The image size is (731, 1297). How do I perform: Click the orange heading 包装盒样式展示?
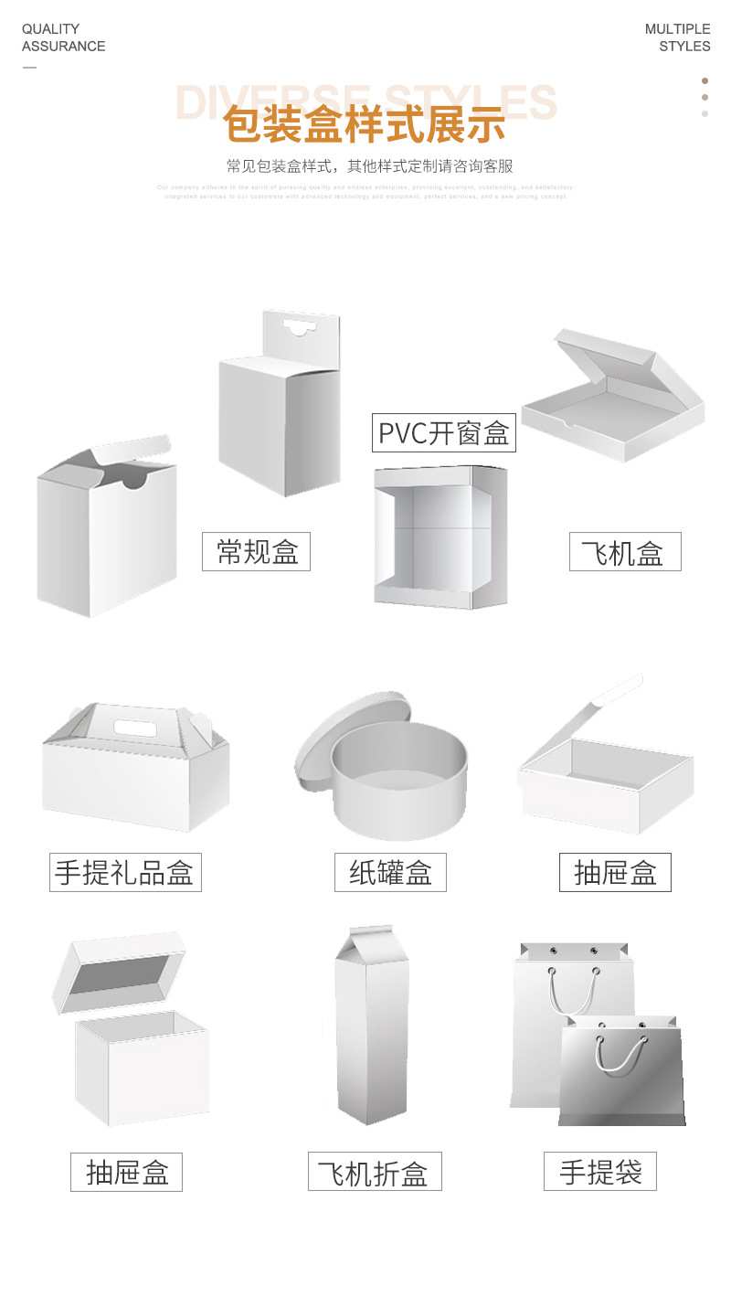364,125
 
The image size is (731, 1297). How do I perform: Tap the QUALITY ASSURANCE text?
63,37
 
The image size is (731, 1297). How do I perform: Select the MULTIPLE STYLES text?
677,37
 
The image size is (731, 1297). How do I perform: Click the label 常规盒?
256,552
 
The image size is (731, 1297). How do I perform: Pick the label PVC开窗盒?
444,432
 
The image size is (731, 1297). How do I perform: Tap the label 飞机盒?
625,552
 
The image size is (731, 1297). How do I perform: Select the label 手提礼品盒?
125,872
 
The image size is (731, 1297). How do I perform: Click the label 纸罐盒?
390,872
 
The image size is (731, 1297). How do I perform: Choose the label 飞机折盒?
375,1172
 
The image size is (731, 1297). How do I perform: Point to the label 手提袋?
600,1171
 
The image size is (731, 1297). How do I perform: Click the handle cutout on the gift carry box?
135,728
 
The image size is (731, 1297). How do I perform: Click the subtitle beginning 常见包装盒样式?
370,166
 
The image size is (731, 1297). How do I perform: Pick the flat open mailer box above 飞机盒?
612,398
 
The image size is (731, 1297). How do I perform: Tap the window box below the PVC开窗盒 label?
440,537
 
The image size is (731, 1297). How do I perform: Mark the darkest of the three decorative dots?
705,80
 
